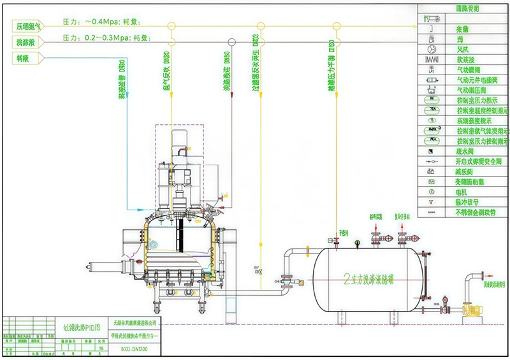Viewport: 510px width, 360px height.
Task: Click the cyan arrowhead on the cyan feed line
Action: click(128, 94)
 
